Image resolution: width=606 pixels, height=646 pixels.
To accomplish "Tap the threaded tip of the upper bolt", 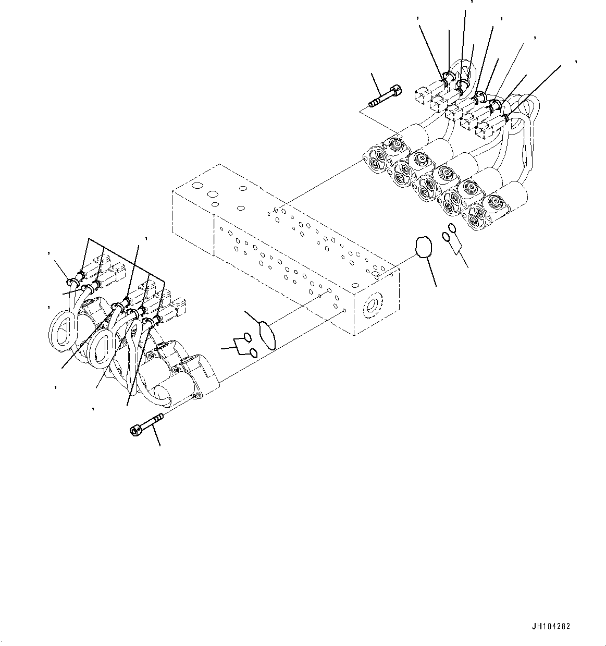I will pyautogui.click(x=374, y=105).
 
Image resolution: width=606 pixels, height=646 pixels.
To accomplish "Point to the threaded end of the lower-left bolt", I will pyautogui.click(x=158, y=417).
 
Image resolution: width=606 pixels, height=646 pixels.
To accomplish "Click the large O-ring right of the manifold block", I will pyautogui.click(x=424, y=247).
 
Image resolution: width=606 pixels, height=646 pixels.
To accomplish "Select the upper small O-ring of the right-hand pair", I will pyautogui.click(x=452, y=229).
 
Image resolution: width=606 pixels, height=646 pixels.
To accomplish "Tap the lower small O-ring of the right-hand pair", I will pyautogui.click(x=446, y=237).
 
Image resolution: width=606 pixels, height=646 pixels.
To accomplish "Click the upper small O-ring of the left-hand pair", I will pyautogui.click(x=248, y=337).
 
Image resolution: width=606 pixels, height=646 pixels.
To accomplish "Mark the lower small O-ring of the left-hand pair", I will pyautogui.click(x=253, y=353).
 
